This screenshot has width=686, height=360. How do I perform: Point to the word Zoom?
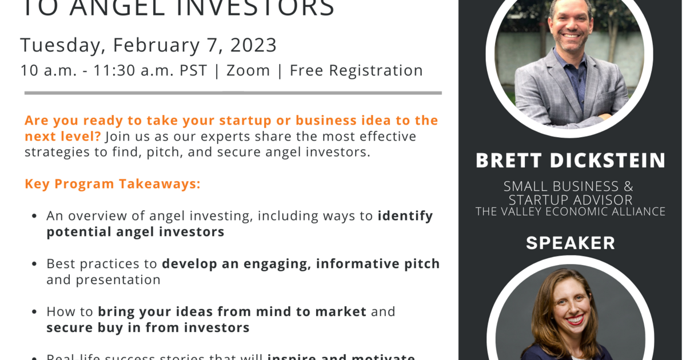248,70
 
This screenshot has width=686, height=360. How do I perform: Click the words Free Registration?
356,70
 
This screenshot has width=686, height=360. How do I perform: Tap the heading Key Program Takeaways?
113,184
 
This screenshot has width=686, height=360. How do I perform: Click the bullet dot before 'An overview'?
34,217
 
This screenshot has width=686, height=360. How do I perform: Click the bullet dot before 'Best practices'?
34,265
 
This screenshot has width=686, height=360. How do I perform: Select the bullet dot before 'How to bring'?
34,313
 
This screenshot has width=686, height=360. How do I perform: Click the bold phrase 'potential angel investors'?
135,231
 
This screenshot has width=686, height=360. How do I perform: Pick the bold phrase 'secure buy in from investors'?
148,327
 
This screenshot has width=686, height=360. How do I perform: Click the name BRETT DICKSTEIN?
571,161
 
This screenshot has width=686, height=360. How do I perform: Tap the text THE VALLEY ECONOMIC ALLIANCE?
571,211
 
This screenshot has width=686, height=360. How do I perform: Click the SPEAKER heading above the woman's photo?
571,243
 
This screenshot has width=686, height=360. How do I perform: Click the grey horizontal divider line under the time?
233,93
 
